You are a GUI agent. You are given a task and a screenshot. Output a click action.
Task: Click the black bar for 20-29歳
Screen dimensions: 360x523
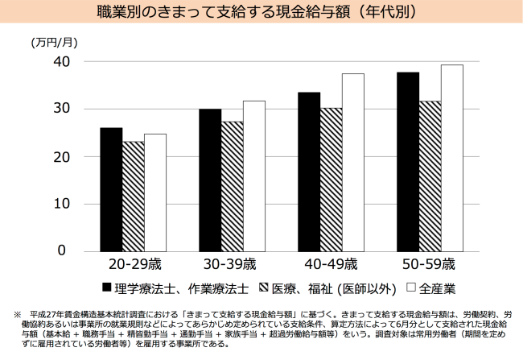pos(111,189)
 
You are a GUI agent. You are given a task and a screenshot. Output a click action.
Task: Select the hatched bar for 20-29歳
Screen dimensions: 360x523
pos(133,196)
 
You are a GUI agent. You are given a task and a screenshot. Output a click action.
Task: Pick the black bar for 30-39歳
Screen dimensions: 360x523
pos(210,180)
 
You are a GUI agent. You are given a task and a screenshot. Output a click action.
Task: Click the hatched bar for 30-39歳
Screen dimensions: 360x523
pos(232,186)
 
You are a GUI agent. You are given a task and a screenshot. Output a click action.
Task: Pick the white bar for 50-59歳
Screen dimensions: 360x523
pos(451,158)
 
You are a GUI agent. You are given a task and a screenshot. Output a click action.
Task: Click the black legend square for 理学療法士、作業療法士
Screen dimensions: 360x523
pos(105,288)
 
